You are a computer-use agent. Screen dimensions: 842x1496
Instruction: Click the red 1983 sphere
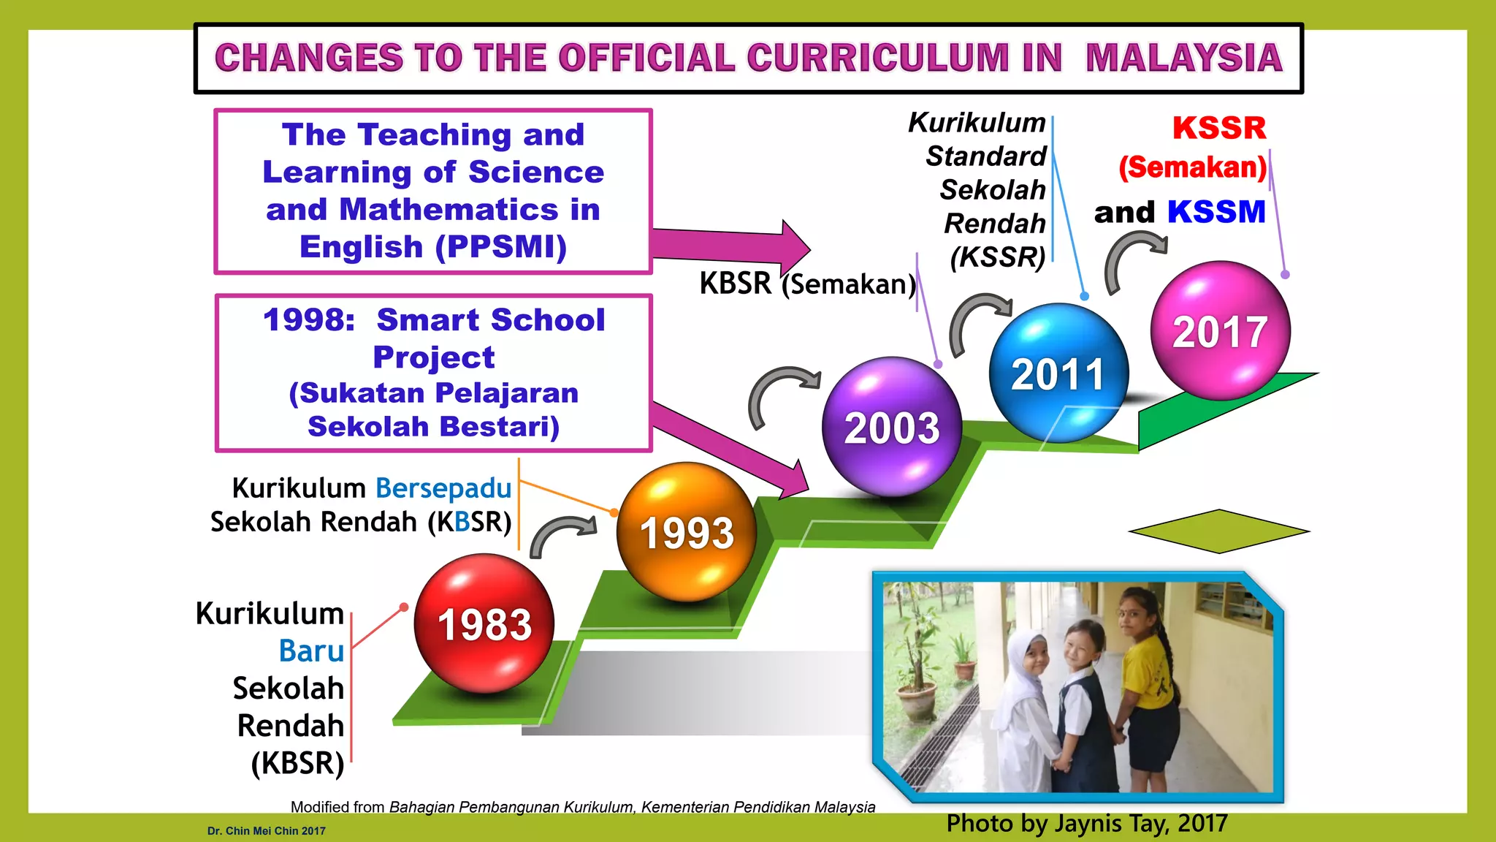(x=484, y=623)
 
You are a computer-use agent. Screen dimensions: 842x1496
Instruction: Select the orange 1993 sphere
(x=686, y=531)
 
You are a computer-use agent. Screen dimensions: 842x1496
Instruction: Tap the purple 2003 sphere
(x=891, y=427)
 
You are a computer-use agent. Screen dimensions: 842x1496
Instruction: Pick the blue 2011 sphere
(x=1058, y=373)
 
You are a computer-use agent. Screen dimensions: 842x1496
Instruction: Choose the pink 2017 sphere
(x=1220, y=330)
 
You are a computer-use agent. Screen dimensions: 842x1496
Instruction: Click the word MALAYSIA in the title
(x=1183, y=58)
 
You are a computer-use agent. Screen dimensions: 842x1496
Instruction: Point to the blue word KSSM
(x=1216, y=212)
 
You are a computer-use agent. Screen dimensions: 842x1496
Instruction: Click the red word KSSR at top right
(x=1219, y=128)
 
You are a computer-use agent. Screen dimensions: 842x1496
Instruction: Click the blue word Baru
(x=311, y=651)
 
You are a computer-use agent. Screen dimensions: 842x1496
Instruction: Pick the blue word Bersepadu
(x=443, y=488)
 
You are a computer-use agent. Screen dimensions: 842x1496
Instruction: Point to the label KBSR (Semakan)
(x=807, y=284)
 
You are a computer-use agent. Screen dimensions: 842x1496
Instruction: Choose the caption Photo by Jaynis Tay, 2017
(x=1086, y=824)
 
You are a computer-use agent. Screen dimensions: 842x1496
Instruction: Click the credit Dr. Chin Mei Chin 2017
(x=266, y=831)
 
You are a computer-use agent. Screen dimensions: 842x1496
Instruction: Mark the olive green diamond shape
(x=1218, y=531)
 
